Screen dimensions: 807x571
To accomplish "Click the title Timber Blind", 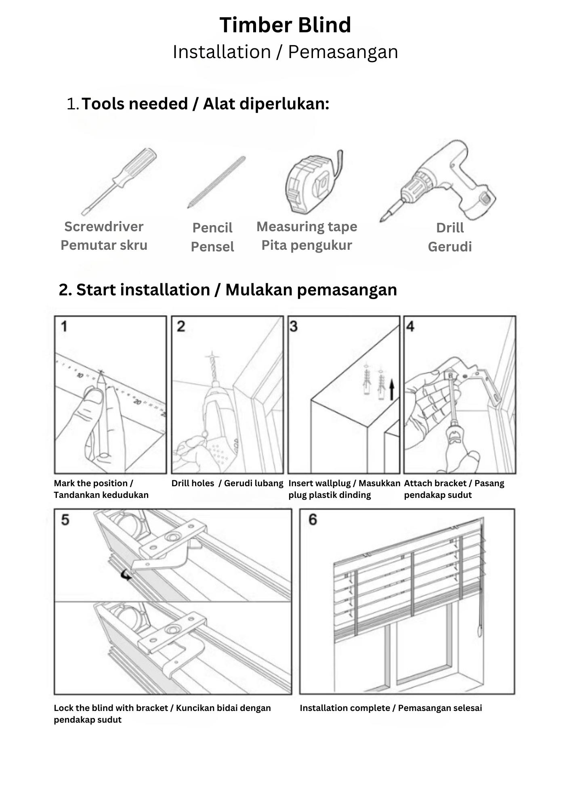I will pyautogui.click(x=285, y=25).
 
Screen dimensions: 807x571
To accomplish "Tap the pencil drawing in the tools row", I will pyautogui.click(x=216, y=182).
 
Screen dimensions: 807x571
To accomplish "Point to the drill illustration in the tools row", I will pyautogui.click(x=440, y=182).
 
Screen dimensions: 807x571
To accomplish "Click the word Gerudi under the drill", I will pyautogui.click(x=449, y=247).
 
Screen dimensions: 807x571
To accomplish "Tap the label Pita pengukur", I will pyautogui.click(x=306, y=245).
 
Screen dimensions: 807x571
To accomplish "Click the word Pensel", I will pyautogui.click(x=212, y=247).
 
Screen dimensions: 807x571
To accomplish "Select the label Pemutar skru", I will pyautogui.click(x=104, y=245).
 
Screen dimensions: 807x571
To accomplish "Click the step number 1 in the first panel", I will pyautogui.click(x=64, y=326).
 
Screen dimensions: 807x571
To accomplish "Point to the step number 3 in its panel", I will pyautogui.click(x=294, y=326).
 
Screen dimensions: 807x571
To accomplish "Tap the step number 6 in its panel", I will pyautogui.click(x=313, y=519).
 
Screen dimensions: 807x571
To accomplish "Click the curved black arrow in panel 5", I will pyautogui.click(x=127, y=575).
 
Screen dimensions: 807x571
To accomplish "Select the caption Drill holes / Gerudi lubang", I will pyautogui.click(x=227, y=483).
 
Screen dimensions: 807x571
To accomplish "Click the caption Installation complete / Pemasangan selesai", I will pyautogui.click(x=390, y=708).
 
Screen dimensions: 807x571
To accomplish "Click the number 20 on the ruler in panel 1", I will pyautogui.click(x=138, y=402).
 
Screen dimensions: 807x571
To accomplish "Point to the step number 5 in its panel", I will pyautogui.click(x=65, y=520).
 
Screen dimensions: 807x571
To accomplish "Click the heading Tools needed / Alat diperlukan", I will pyautogui.click(x=205, y=104).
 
